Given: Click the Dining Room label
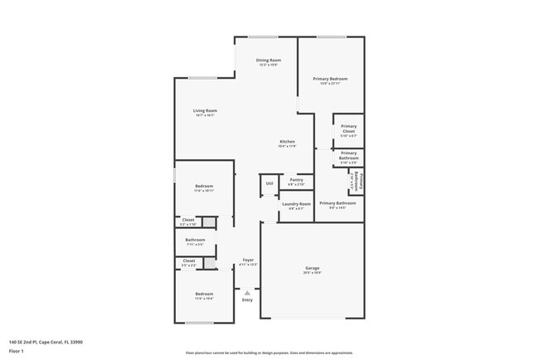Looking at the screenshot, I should pos(268,61).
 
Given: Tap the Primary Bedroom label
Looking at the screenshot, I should pos(330,80).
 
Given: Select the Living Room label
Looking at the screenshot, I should pos(205,111).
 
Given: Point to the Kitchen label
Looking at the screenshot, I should pos(286,142).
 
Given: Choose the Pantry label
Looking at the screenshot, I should pos(296,180).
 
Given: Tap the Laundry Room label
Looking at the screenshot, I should pos(296,204).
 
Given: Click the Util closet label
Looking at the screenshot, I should pos(269,183).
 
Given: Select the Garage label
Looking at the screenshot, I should pos(313,267).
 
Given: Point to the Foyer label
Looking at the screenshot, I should pos(247,260).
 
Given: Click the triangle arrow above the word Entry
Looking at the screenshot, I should pos(247,292).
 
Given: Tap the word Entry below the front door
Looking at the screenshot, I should pos(247,299).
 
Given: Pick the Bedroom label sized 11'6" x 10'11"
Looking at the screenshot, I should pos(204,186).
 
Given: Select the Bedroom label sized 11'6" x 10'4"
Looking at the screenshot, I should pos(204,294).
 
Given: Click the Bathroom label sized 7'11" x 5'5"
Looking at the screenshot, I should pos(195,241).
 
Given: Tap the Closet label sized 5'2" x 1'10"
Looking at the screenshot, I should pos(188,221).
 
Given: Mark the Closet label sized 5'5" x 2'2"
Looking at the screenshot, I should pos(188,262).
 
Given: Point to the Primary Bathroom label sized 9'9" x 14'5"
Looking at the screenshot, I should pos(337,204).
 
